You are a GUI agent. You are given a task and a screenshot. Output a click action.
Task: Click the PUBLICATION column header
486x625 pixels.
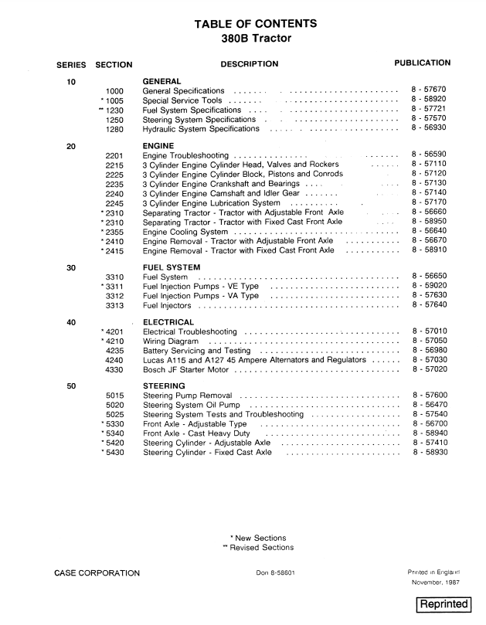tap(422, 63)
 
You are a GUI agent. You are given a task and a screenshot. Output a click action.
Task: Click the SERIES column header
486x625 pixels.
tap(71, 64)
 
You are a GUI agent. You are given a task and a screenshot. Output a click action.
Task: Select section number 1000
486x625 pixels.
tap(114, 90)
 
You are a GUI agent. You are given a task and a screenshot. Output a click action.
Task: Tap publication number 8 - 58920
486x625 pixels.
tap(429, 100)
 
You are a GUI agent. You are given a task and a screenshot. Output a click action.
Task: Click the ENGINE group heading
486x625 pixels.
tap(158, 146)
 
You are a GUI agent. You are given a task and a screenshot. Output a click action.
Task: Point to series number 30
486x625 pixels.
tap(71, 267)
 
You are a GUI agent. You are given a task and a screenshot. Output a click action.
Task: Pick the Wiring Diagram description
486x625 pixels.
tap(171, 341)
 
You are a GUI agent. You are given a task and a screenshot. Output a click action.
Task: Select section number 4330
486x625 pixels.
tap(114, 369)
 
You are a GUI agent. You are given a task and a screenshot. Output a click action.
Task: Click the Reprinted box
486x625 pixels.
tap(444, 603)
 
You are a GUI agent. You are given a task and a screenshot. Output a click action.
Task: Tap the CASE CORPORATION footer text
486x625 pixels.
tap(97, 572)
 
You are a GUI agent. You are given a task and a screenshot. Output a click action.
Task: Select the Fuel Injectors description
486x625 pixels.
tap(167, 305)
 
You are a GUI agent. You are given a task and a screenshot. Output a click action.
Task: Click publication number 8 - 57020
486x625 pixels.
tap(429, 369)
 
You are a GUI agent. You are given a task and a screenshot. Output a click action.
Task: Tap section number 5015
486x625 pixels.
tap(114, 396)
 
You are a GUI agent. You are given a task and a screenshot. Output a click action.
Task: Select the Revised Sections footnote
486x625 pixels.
tap(257, 548)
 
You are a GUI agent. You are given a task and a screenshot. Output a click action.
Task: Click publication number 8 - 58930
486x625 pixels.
tap(429, 453)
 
